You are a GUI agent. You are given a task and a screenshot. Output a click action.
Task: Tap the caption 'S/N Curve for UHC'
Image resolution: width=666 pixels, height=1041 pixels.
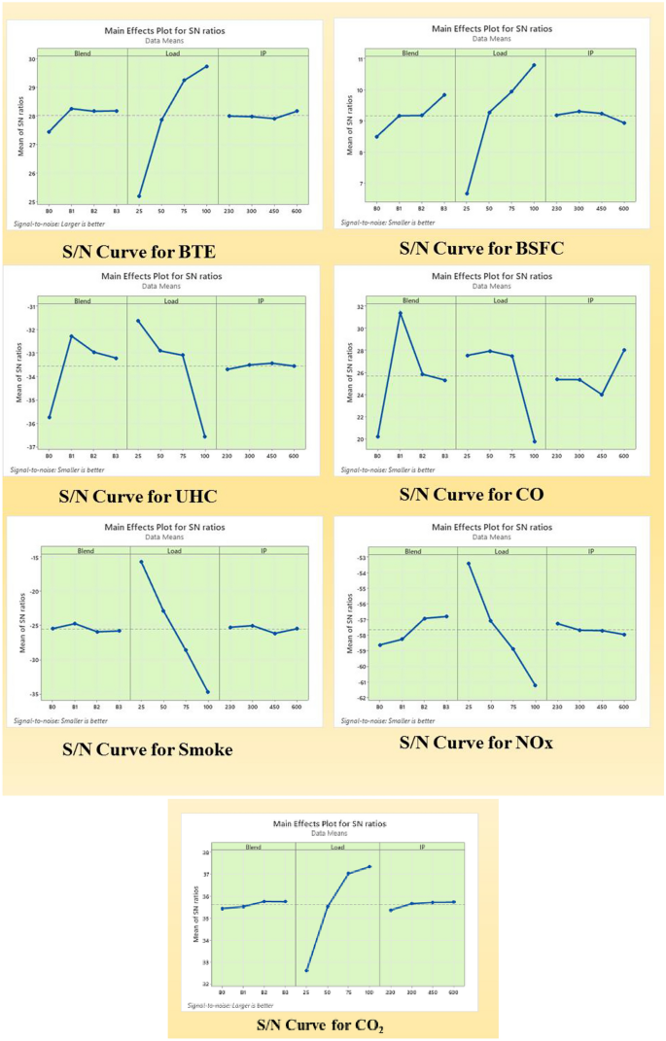click(x=137, y=497)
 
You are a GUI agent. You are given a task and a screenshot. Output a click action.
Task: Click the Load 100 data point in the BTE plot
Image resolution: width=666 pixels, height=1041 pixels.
click(x=206, y=66)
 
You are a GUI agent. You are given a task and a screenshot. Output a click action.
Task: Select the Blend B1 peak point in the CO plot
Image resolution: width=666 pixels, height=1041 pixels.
click(x=400, y=312)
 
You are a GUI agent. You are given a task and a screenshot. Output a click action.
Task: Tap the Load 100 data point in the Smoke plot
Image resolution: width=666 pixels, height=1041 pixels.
click(x=207, y=692)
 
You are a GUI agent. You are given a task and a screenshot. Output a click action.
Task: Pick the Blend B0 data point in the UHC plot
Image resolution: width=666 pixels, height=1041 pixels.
click(x=50, y=417)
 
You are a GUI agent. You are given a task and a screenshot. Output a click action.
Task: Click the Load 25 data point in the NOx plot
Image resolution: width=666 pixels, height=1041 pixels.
click(x=469, y=563)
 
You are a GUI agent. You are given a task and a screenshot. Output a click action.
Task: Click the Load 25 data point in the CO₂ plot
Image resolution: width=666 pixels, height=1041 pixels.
click(x=307, y=970)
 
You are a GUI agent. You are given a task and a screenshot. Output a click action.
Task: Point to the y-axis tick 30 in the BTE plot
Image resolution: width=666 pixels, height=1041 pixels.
click(x=31, y=59)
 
